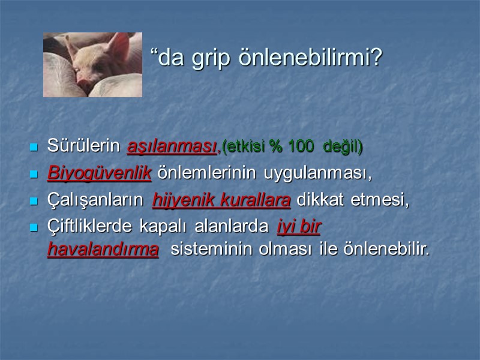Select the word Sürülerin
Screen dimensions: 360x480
(85, 146)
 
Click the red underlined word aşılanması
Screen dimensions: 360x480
(172, 146)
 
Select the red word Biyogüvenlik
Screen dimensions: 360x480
(99, 173)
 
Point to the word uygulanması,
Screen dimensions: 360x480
(320, 173)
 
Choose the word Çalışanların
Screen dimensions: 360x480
(97, 200)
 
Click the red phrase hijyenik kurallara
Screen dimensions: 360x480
(221, 200)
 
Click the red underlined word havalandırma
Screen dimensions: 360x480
(103, 250)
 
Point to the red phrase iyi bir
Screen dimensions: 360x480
(298, 227)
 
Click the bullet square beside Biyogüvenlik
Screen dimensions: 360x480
(34, 174)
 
